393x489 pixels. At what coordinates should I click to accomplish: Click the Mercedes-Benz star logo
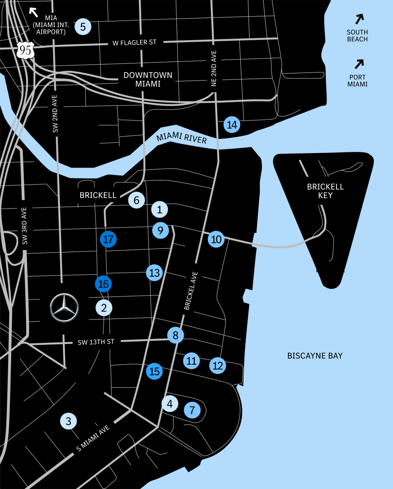click(64, 308)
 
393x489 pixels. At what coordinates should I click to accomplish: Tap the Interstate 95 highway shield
click(25, 50)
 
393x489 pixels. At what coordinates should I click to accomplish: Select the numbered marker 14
click(232, 124)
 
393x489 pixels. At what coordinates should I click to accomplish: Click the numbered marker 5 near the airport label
click(83, 27)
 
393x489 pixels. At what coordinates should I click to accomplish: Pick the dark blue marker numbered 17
click(108, 239)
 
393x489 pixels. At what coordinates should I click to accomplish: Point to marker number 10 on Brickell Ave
click(216, 239)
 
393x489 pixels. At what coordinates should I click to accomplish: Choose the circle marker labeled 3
click(68, 421)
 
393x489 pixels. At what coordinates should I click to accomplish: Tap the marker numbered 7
click(192, 410)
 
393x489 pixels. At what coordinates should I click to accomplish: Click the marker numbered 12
click(217, 365)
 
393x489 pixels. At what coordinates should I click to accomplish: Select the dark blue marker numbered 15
click(154, 371)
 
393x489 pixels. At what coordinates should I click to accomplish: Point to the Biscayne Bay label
click(315, 356)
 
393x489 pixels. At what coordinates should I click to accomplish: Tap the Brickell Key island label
click(325, 191)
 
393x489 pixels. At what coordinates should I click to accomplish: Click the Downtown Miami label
click(148, 79)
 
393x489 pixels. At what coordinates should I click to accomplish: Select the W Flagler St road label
click(134, 42)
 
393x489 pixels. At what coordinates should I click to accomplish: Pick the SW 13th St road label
click(96, 342)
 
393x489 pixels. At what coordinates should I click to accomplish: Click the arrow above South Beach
click(359, 19)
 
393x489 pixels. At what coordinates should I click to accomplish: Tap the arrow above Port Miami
click(359, 64)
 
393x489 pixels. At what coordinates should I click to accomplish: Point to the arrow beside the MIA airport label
click(33, 12)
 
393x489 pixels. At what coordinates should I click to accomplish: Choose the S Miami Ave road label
click(93, 438)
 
